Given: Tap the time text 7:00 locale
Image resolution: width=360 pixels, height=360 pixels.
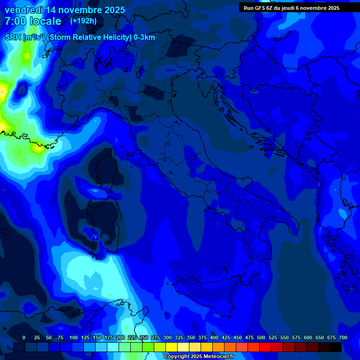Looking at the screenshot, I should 33,21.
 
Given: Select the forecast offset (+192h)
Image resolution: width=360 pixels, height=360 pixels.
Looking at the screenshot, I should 83,21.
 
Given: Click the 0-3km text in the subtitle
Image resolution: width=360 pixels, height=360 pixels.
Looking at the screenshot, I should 144,37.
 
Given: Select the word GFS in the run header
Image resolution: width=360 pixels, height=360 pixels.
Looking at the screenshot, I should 260,8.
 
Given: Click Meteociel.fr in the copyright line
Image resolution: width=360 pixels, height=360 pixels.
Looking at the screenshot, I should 222,357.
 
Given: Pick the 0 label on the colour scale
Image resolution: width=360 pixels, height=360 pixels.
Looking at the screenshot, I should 24,337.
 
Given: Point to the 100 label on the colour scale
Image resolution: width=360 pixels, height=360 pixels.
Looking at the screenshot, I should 74,337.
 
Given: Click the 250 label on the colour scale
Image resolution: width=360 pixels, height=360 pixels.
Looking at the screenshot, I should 144,337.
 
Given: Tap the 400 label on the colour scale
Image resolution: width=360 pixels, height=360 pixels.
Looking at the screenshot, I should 214,337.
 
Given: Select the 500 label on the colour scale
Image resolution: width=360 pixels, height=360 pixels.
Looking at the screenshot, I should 261,337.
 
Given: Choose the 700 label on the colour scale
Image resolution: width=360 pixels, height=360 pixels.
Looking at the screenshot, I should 343,337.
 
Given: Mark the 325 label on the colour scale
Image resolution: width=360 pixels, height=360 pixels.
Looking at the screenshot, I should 179,337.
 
